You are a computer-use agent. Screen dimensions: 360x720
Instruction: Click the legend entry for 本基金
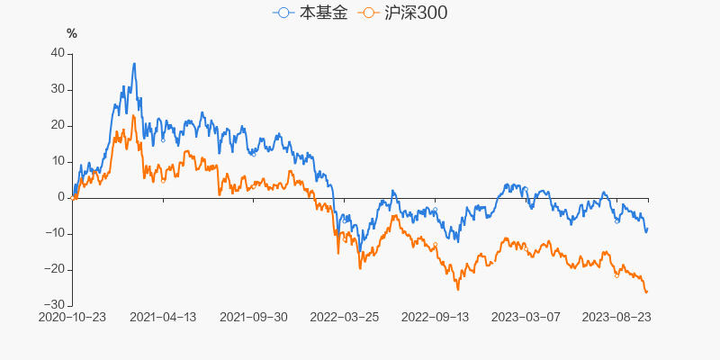pos(310,13)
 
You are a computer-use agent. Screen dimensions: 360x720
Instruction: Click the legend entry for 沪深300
pos(402,13)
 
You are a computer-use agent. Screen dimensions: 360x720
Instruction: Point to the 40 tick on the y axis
pos(58,53)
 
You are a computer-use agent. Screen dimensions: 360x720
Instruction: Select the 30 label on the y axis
pos(58,89)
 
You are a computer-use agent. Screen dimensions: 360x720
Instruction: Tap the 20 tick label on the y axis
pos(58,125)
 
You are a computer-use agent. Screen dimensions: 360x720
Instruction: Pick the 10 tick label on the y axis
pos(58,161)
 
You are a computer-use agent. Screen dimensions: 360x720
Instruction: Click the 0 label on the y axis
pos(61,197)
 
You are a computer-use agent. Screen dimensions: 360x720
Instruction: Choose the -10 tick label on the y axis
pos(56,233)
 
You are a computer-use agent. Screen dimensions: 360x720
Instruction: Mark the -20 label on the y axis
pos(56,269)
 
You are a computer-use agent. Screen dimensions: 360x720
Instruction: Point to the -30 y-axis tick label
pos(56,305)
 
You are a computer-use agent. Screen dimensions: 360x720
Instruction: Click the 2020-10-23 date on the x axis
pos(72,317)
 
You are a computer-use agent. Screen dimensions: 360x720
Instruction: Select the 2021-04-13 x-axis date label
pos(163,317)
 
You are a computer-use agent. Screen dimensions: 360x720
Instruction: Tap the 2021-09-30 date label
pos(254,317)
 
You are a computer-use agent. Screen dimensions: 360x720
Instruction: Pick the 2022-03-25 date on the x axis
pos(345,317)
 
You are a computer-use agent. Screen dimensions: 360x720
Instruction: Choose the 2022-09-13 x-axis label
pos(436,317)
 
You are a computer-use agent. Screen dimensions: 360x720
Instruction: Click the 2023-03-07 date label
pos(526,317)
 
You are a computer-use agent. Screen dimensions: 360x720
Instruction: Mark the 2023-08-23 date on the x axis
pos(617,317)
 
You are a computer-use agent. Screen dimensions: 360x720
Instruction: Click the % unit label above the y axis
pos(72,33)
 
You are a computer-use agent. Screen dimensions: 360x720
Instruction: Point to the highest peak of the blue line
pos(134,63)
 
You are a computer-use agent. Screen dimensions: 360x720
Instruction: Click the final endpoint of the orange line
pos(646,292)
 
